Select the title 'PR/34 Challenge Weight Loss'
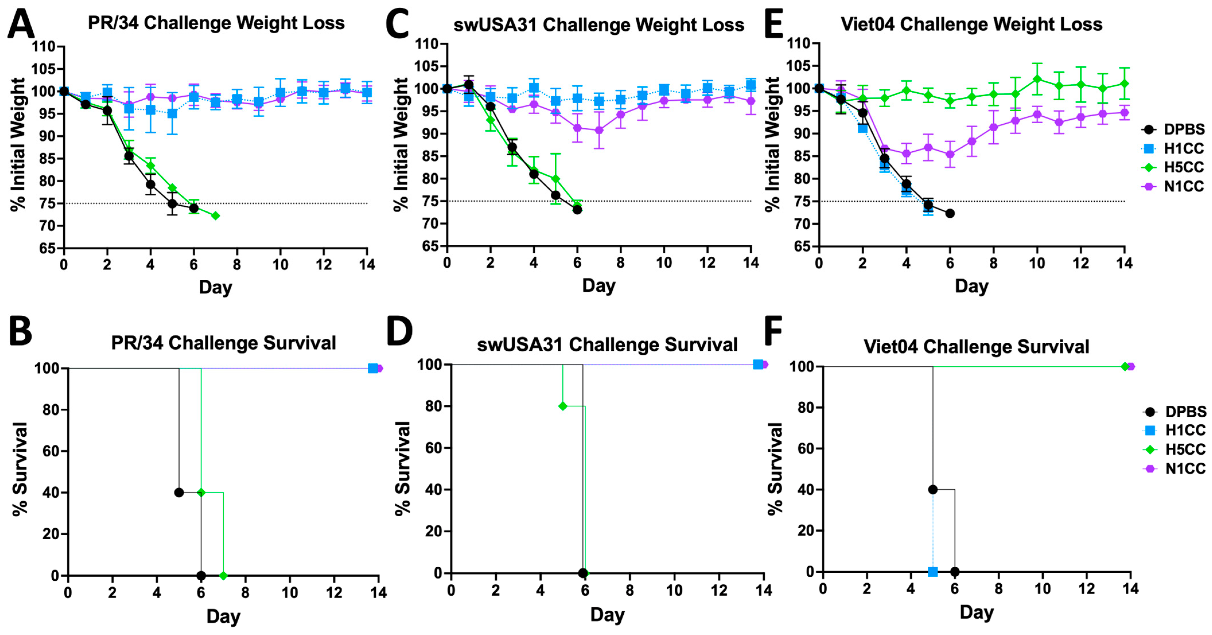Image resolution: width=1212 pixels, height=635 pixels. (x=216, y=23)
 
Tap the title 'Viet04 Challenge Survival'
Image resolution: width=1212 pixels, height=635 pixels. (x=976, y=347)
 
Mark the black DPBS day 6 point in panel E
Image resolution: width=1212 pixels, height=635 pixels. (x=950, y=213)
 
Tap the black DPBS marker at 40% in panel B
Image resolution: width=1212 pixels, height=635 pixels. (x=179, y=492)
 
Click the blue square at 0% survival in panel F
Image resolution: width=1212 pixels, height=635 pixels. (x=933, y=572)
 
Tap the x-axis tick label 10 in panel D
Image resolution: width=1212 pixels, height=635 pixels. (x=674, y=590)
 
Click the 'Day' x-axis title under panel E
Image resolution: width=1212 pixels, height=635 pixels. (x=972, y=286)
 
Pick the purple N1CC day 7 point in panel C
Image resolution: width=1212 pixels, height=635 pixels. (x=599, y=130)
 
